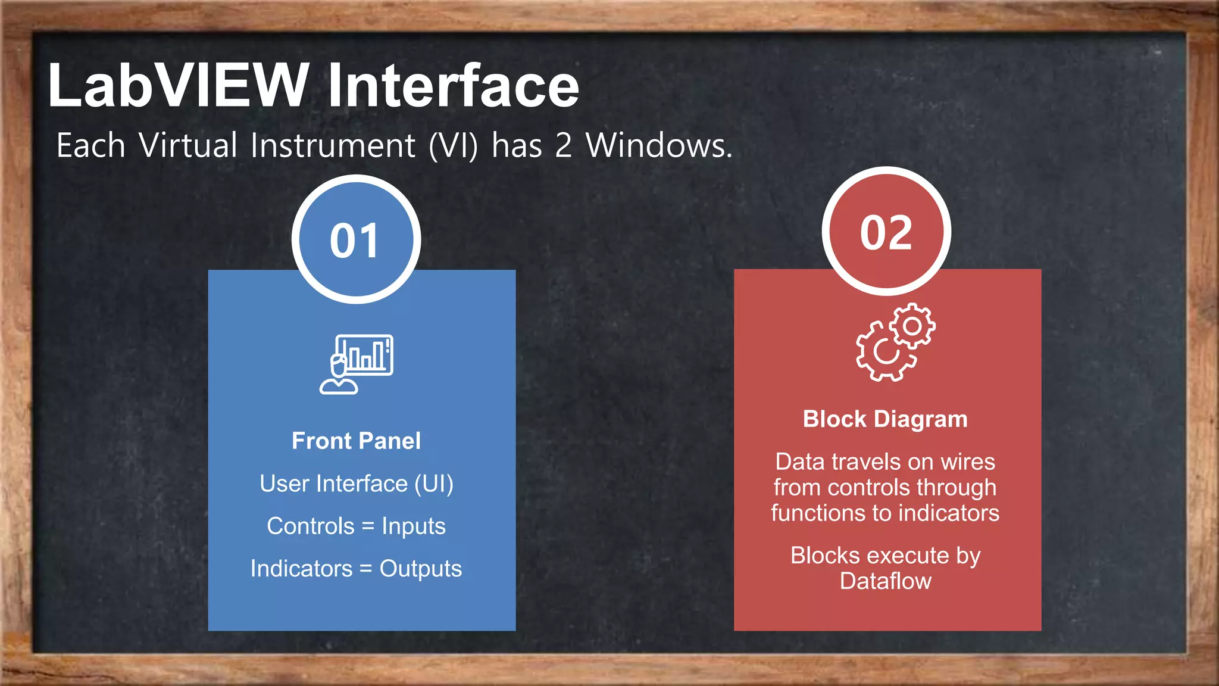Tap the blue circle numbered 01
point(356,239)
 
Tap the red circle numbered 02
point(886,232)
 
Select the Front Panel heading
point(356,441)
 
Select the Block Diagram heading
point(885,419)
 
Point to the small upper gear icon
point(912,326)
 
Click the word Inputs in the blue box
point(414,526)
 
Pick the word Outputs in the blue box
point(421,569)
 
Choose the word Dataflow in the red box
point(885,581)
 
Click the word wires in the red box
point(968,462)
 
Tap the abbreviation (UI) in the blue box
point(434,484)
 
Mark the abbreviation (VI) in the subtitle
point(454,146)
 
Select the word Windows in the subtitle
point(658,146)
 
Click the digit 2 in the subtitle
point(563,146)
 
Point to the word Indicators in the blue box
point(301,569)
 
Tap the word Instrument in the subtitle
point(333,146)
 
